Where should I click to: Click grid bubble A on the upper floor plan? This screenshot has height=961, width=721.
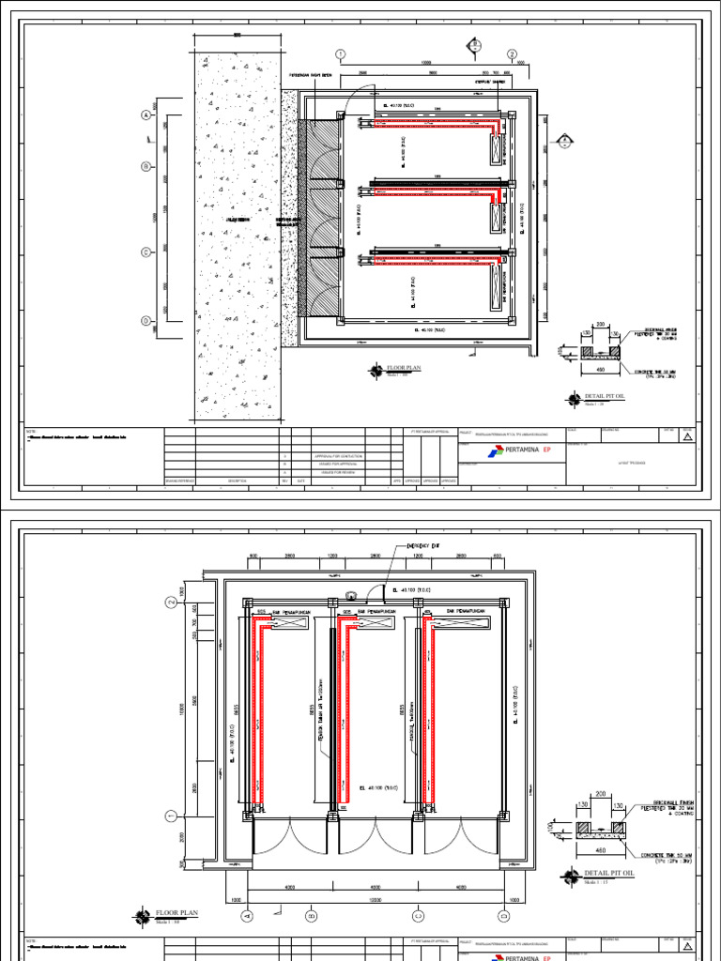pyautogui.click(x=146, y=114)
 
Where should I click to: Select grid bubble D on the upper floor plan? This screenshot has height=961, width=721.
pyautogui.click(x=146, y=321)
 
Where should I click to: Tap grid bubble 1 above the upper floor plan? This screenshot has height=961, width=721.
pyautogui.click(x=341, y=54)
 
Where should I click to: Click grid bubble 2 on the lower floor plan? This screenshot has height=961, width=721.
pyautogui.click(x=172, y=602)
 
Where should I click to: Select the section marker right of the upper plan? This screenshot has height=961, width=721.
pyautogui.click(x=564, y=142)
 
